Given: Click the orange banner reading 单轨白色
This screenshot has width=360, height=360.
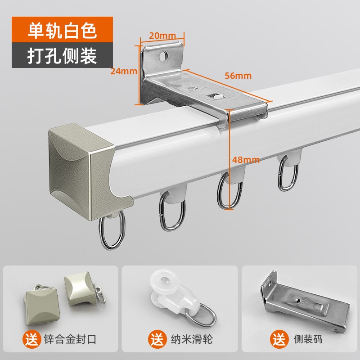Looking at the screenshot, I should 62,30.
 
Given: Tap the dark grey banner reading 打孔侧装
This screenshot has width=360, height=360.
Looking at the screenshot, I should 62,55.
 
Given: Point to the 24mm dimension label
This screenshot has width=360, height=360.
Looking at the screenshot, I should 124,71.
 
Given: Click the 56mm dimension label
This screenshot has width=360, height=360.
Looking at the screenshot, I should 237,75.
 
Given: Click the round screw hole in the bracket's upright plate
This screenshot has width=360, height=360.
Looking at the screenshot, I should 163,57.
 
